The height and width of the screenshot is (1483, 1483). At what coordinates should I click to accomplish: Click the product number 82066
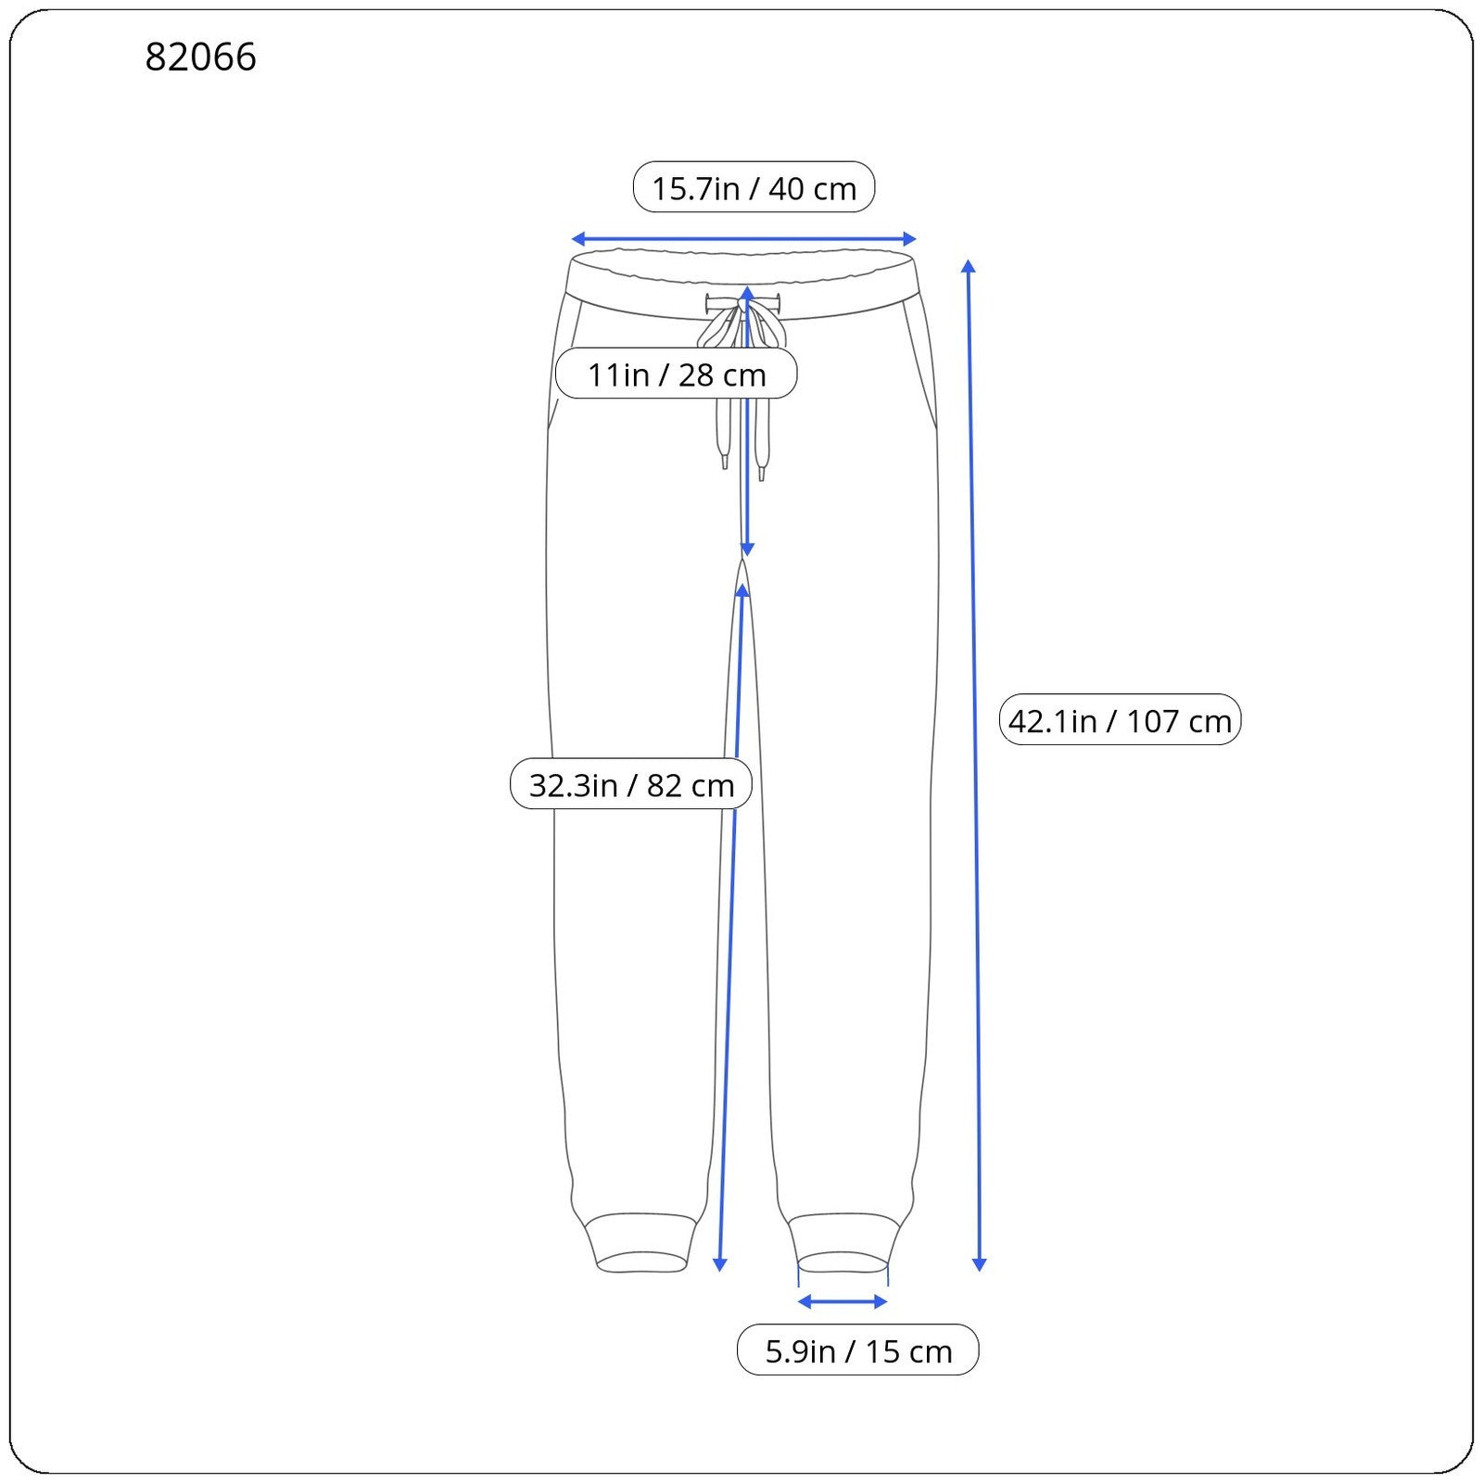pyautogui.click(x=200, y=57)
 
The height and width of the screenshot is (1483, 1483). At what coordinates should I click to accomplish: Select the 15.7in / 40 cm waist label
pyautogui.click(x=754, y=188)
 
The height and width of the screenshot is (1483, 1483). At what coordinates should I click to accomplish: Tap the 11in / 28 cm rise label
pyautogui.click(x=676, y=374)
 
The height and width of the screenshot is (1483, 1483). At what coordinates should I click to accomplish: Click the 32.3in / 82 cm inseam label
pyautogui.click(x=631, y=784)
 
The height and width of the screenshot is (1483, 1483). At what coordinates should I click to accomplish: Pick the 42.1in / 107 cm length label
pyautogui.click(x=1120, y=720)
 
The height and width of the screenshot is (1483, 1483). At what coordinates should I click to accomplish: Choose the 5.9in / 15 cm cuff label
pyautogui.click(x=857, y=1350)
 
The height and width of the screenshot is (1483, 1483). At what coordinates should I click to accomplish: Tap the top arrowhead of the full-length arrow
pyautogui.click(x=969, y=266)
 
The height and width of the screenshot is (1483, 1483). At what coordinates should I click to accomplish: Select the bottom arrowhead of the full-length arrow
pyautogui.click(x=980, y=1265)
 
